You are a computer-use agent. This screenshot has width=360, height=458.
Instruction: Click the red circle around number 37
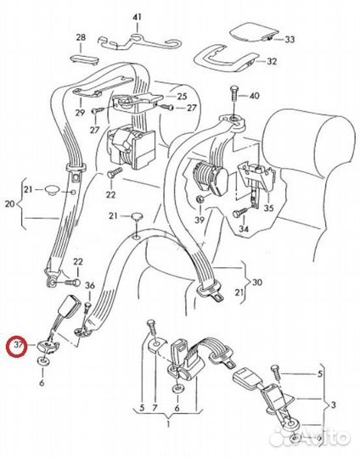17,346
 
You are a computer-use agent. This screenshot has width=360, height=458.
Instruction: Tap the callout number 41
137,17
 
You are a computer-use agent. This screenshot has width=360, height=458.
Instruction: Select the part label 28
81,37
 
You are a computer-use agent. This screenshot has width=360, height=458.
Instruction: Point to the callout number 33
290,39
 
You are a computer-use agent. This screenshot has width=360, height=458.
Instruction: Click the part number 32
272,62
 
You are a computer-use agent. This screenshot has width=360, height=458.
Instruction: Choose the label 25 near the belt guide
182,96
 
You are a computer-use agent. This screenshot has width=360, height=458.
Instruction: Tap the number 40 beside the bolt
255,96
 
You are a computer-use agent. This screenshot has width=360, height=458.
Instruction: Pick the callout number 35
268,208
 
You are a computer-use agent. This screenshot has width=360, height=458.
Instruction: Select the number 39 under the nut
200,220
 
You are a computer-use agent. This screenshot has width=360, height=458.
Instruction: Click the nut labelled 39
200,199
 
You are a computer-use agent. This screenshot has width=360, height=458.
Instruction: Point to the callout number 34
244,229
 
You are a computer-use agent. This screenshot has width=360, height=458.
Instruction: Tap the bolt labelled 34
241,212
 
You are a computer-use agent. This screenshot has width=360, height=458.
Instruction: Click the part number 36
90,285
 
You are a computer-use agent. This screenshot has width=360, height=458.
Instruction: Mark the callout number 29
80,113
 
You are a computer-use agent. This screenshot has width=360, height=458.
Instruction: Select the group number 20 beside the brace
9,204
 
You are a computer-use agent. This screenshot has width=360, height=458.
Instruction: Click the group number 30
256,282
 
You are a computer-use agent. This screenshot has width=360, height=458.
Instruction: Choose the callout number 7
155,408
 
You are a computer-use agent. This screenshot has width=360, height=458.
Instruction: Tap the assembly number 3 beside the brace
334,405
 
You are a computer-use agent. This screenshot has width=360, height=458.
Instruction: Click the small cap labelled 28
84,58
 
